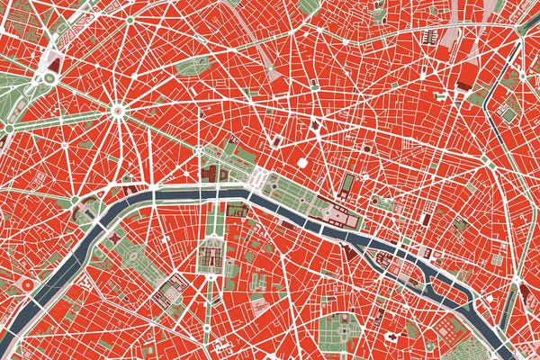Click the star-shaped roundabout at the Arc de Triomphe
coord(117,111)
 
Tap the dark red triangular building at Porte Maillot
coord(53,64)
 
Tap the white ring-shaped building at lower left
coord(26,285)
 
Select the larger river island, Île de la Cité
coord(396,262)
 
